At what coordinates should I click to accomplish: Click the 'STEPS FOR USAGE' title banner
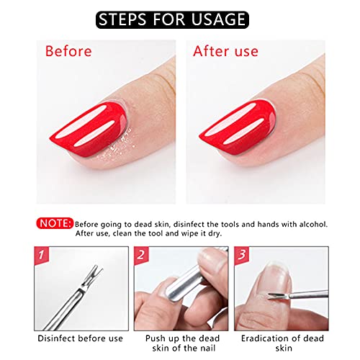(x=172, y=19)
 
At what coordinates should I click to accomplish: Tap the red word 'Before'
(x=68, y=51)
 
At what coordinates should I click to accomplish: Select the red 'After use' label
(x=225, y=51)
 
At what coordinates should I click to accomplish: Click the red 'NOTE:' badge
(x=55, y=223)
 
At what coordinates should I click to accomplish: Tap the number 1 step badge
(x=41, y=255)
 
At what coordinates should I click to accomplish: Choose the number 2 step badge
(x=141, y=255)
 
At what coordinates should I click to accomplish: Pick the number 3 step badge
(x=241, y=255)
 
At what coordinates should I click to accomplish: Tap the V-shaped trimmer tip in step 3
(x=274, y=296)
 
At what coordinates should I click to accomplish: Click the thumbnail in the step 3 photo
(x=276, y=279)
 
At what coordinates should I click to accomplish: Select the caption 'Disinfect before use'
(x=80, y=338)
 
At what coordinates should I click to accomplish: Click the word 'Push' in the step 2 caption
(x=156, y=338)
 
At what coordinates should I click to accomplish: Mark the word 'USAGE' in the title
(x=218, y=19)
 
